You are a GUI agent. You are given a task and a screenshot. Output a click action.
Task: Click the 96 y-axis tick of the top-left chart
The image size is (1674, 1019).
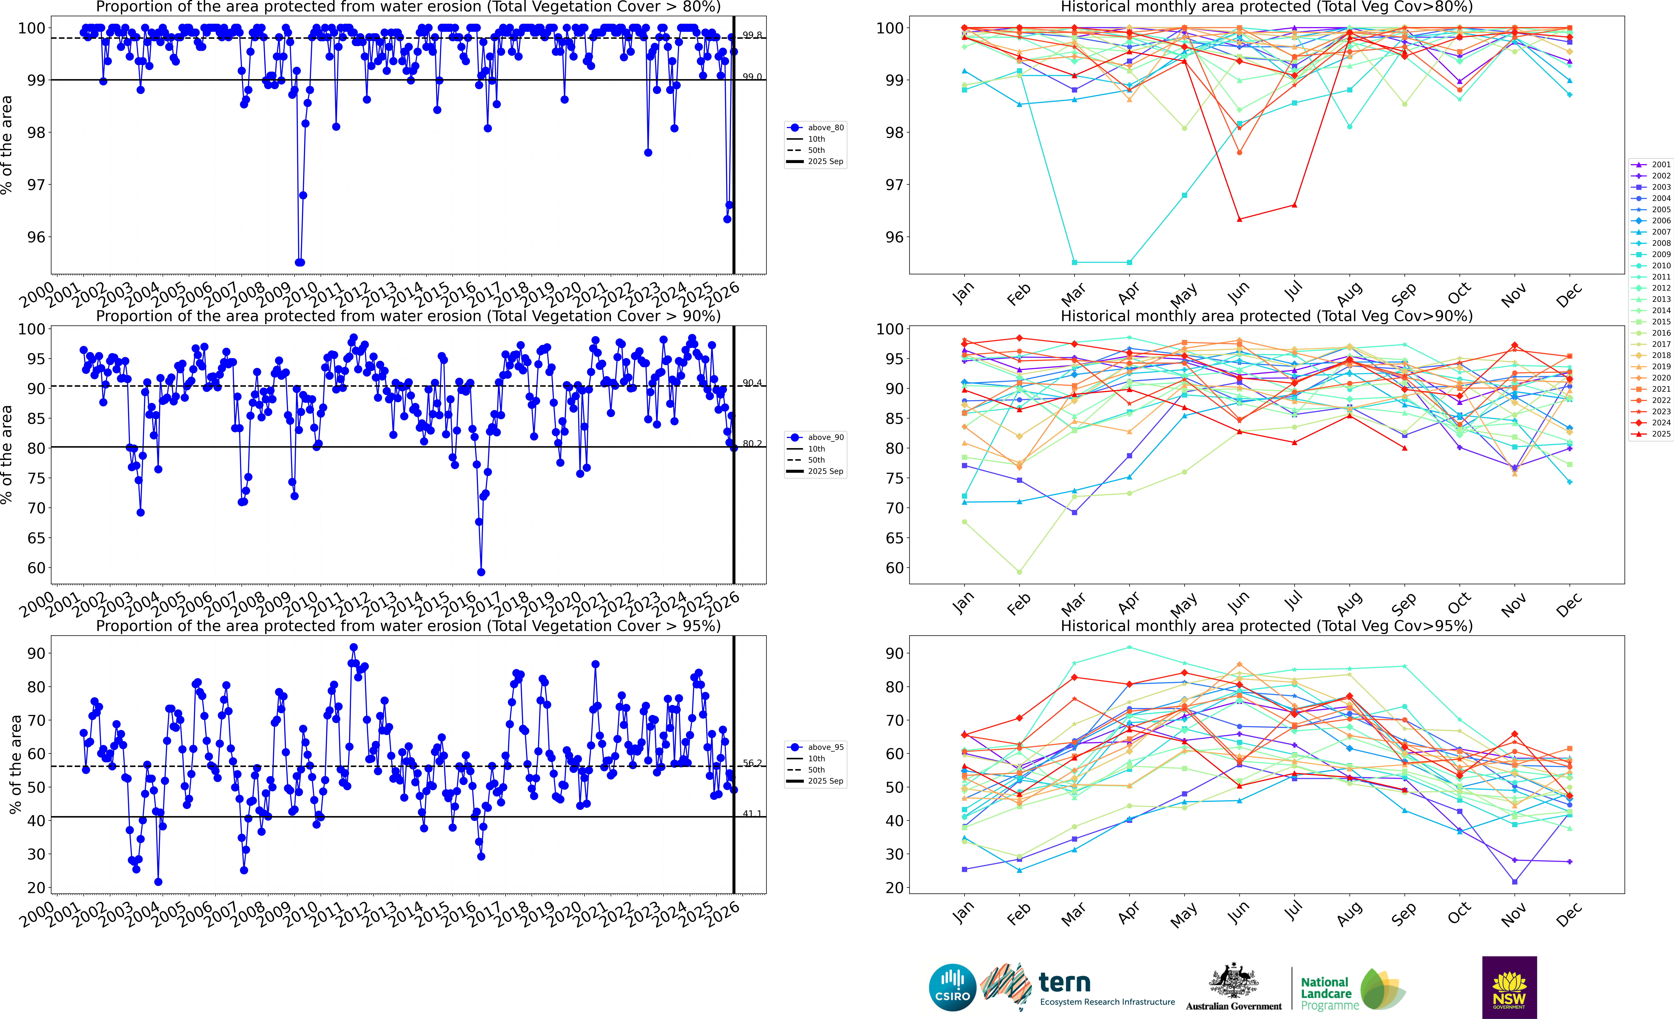(36, 237)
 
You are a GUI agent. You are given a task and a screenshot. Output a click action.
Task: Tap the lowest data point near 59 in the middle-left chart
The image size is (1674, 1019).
(481, 572)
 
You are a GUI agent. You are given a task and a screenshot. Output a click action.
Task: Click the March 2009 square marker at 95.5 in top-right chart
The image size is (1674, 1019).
(1074, 262)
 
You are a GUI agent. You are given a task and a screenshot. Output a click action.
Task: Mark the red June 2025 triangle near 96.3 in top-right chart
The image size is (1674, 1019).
(1239, 219)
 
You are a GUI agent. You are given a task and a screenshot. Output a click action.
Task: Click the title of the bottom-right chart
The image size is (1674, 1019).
(1266, 626)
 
